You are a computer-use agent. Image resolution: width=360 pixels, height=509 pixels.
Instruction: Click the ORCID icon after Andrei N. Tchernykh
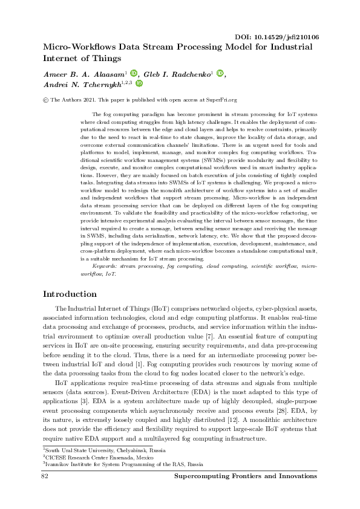point(139,85)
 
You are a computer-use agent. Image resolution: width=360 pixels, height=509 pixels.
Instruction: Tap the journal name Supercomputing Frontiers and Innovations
point(245,476)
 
